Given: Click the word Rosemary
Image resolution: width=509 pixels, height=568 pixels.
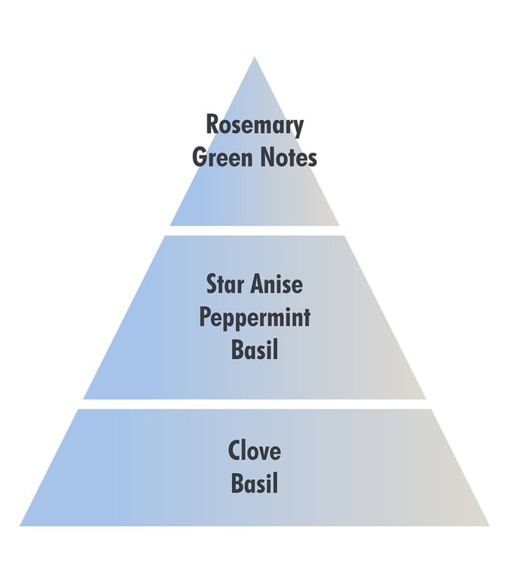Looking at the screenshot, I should [x=254, y=125].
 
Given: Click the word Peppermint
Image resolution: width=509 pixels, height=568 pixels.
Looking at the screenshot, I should [x=254, y=318].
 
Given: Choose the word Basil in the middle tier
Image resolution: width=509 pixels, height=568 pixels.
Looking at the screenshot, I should [x=254, y=351].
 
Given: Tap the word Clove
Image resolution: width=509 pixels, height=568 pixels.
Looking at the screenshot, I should [x=254, y=450].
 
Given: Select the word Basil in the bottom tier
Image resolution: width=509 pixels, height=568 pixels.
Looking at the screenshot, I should [x=254, y=484].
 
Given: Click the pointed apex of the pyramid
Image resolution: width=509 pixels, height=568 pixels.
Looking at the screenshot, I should [x=254, y=58].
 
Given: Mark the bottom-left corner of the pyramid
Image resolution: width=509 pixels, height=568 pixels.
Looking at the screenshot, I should [x=22, y=525].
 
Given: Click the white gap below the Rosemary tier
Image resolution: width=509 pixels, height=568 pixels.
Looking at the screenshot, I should [x=254, y=231].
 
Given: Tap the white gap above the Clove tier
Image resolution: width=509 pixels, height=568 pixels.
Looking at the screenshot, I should [x=254, y=404].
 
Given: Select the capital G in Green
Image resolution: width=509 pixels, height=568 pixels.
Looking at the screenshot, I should [x=198, y=158].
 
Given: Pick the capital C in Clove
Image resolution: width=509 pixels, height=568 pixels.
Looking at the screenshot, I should [x=234, y=450].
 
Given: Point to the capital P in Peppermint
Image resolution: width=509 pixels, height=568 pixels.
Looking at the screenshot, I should [x=206, y=318].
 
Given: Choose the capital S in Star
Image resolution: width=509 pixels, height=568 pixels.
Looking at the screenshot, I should [x=213, y=285].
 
